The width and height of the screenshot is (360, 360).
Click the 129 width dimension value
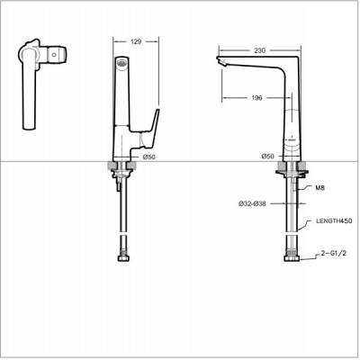point(136,41)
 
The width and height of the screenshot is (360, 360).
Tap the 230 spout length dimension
point(259,50)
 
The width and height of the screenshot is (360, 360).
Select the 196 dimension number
point(256,98)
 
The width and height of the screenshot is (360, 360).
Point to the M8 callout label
point(320,188)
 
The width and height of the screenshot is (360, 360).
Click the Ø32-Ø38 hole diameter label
point(252,203)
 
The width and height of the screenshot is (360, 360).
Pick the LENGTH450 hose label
point(334,221)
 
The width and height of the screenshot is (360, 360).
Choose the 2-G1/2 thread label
point(333,253)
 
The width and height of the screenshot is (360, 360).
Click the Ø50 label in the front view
point(149,157)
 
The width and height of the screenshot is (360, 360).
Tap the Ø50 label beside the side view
point(268,156)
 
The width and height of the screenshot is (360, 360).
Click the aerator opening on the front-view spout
point(121,63)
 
